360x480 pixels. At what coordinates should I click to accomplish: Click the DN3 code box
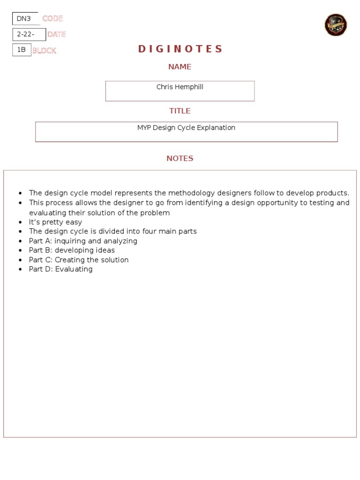click(25, 19)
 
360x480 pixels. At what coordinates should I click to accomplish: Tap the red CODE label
click(52, 19)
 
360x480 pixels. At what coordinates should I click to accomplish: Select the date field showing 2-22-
click(29, 34)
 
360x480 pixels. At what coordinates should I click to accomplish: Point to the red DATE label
click(56, 34)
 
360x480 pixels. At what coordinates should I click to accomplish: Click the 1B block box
click(22, 50)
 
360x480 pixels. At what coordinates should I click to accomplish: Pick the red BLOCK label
click(44, 50)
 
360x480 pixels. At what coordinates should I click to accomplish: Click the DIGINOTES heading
click(180, 49)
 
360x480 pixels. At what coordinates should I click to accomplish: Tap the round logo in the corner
click(336, 25)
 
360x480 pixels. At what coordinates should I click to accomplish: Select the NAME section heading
click(180, 67)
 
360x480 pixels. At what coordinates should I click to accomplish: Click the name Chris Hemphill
click(180, 87)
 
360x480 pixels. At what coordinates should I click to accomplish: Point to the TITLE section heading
click(180, 111)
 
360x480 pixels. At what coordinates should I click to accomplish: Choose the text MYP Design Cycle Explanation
click(186, 128)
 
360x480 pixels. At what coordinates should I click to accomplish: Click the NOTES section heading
click(180, 158)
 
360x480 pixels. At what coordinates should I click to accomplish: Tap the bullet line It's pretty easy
click(55, 222)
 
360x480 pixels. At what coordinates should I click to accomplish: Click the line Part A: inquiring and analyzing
click(83, 241)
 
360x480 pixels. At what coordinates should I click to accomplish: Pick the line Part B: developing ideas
click(72, 250)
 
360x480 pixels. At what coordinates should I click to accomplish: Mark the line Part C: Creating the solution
click(79, 260)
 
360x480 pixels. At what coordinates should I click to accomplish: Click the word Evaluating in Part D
click(74, 269)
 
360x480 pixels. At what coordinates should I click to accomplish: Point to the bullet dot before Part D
click(20, 270)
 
